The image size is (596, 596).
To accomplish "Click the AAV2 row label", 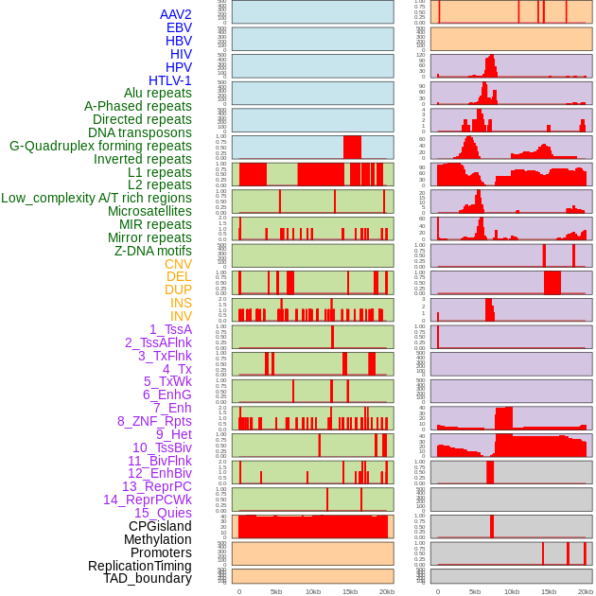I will coord(176,14).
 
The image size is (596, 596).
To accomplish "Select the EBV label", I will coord(179,27).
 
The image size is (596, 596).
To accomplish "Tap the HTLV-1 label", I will coord(170,80).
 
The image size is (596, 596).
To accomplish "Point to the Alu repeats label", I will coord(158,93).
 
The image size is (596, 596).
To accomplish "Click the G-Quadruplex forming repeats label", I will coord(100,146).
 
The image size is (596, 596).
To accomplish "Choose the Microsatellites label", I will coord(149,211).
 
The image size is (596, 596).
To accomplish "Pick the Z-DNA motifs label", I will coord(153,251).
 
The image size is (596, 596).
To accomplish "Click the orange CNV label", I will coord(178,264).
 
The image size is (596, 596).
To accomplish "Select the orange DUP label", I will coord(178,289).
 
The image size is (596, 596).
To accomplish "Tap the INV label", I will coord(181,316).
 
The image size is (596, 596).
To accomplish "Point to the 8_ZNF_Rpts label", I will coord(154,421).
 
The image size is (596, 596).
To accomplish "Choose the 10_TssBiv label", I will coord(162,447).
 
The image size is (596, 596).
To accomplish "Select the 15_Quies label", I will coord(163,513).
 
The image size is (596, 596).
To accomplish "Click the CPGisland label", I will coord(160,526).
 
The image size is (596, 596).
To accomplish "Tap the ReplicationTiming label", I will coord(139,566).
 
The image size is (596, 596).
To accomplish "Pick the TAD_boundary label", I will coord(148,578).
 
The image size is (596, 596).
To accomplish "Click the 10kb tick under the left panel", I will coord(313,591).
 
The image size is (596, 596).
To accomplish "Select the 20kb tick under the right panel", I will coord(586,591).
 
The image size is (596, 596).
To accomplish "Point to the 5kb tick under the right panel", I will coord(475,591).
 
